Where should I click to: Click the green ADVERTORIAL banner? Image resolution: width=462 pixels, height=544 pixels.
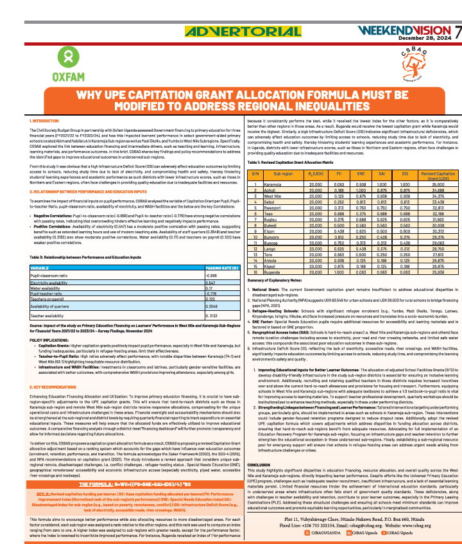(230, 31)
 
